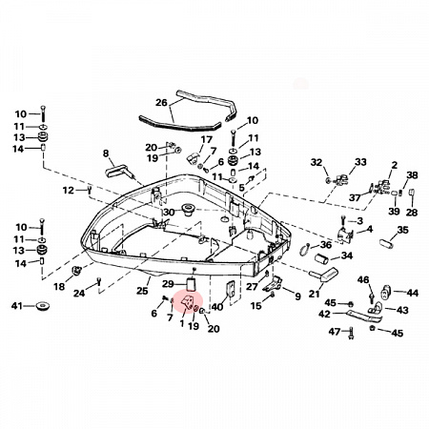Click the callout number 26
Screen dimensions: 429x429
click(161, 103)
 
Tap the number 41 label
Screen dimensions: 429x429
click(17, 306)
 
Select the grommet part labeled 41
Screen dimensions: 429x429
click(42, 306)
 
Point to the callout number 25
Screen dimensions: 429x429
click(142, 291)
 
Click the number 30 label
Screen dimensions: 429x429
click(169, 212)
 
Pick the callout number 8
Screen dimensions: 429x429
click(106, 153)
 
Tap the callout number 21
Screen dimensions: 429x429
click(314, 294)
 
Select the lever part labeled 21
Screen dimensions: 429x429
click(324, 275)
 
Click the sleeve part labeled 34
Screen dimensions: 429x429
click(321, 258)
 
